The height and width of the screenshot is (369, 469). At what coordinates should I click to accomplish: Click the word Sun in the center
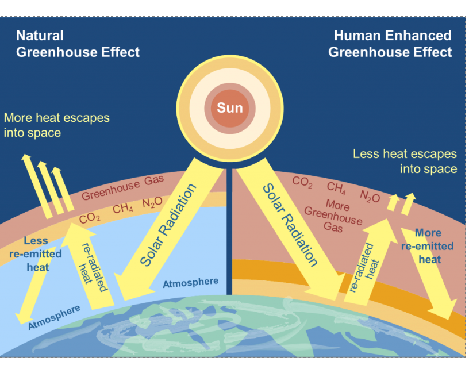click(230, 107)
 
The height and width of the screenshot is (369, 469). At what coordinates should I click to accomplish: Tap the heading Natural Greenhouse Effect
click(78, 44)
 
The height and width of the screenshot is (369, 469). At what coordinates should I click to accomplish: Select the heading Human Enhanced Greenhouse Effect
click(391, 44)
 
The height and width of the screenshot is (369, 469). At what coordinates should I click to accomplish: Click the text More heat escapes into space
click(56, 125)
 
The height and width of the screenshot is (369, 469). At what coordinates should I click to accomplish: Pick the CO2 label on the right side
click(302, 182)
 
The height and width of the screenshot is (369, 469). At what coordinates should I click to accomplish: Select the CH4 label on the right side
click(336, 187)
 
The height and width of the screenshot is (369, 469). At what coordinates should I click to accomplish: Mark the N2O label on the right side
click(370, 197)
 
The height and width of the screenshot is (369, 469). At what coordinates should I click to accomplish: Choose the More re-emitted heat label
click(428, 246)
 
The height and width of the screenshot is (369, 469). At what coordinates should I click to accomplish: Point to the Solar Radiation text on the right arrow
click(290, 225)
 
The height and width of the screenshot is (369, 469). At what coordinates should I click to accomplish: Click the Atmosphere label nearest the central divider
click(190, 282)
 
